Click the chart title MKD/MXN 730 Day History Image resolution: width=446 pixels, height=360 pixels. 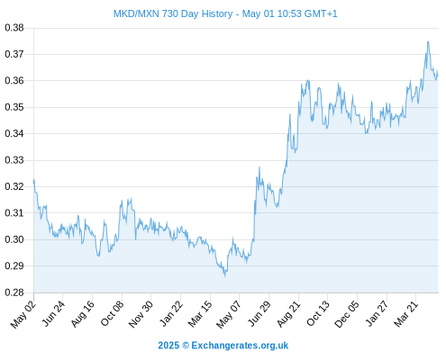[x=173, y=13]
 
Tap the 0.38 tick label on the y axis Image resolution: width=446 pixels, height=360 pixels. [x=14, y=28]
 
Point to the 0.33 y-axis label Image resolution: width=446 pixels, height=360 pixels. [x=14, y=160]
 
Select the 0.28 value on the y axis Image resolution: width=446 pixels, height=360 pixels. [x=14, y=292]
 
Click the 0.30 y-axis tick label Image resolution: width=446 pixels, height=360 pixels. [x=14, y=239]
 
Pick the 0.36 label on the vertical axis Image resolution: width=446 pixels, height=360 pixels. [x=14, y=81]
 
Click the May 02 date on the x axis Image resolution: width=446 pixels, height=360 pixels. [x=23, y=314]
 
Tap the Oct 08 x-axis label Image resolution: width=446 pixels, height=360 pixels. [x=112, y=314]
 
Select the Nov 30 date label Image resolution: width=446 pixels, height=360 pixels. [x=141, y=314]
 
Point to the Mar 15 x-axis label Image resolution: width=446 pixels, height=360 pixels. [x=200, y=314]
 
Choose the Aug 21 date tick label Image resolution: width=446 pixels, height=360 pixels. [x=288, y=314]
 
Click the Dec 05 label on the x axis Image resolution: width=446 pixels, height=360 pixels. [x=347, y=314]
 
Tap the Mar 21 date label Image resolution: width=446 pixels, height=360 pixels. [x=405, y=314]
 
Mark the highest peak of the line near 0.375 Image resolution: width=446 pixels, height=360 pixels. [x=428, y=41]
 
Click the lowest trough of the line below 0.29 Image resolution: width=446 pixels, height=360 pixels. [x=225, y=275]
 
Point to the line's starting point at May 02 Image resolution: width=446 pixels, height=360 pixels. [x=34, y=180]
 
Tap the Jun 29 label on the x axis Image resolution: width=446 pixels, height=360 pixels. [x=259, y=314]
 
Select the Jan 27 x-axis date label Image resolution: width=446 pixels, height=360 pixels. [x=377, y=314]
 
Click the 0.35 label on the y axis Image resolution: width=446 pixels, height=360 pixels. [x=14, y=107]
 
